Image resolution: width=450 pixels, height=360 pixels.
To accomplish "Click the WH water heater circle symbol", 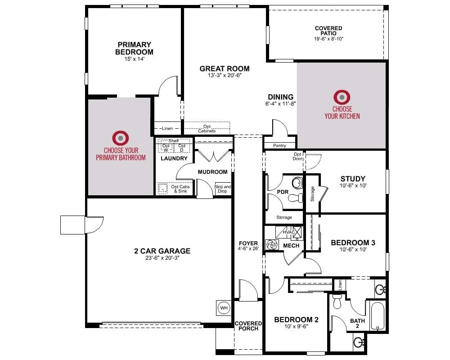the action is coord(224,308).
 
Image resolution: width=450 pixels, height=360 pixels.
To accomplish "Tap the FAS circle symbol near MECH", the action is coord(271,245).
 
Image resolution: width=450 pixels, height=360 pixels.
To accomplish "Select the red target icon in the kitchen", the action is coord(342,97).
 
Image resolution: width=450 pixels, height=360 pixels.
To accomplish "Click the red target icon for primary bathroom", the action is coord(121,138).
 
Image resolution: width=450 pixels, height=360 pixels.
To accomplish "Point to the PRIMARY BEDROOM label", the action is coord(134,48).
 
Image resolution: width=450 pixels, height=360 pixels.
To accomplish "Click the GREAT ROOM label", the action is coord(225,68).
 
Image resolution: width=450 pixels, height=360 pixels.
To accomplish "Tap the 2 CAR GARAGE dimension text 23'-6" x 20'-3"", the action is coord(162,258).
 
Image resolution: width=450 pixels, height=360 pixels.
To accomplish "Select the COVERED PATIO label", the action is coord(328,31).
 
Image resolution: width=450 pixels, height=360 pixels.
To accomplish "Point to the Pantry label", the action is coord(279,145).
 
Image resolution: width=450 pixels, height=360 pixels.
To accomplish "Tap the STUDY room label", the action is coord(353,179).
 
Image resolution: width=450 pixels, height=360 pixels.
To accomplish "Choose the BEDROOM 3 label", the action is coord(353,243).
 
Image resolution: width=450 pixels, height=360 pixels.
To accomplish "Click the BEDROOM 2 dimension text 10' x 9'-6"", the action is coord(296,326).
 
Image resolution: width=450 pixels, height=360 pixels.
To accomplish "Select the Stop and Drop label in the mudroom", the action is coord(222,189).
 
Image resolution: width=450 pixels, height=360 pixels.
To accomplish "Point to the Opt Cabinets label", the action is coord(207,129).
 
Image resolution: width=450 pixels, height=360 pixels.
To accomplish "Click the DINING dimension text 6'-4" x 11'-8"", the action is coord(281,103).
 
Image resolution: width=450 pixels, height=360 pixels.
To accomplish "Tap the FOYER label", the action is coord(248,243).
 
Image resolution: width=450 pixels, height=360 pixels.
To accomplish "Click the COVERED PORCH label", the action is coord(248,326).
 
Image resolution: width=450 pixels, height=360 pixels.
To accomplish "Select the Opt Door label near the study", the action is coord(297,157).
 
